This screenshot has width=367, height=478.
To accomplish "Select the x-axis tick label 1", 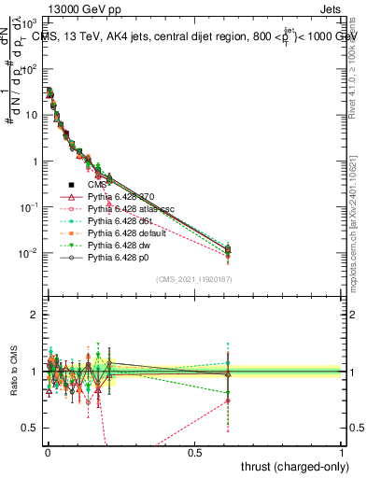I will [342, 452].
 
